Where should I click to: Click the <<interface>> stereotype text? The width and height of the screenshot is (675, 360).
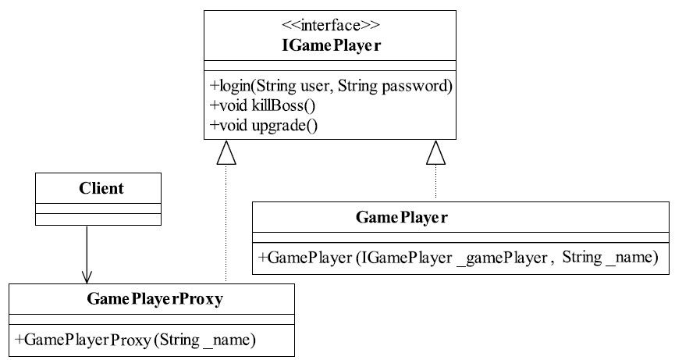click(331, 25)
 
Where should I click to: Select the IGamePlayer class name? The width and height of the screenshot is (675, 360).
click(332, 45)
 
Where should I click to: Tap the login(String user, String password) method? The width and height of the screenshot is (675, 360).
click(331, 86)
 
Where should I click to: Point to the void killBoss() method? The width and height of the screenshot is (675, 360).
click(263, 105)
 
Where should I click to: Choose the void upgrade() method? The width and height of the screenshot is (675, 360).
click(264, 125)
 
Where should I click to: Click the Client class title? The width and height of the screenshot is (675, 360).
click(101, 188)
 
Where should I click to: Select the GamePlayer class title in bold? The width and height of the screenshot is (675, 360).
click(402, 217)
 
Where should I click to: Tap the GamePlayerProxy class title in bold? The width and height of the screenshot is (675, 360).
click(155, 298)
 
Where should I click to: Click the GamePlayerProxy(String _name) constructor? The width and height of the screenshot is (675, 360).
click(136, 340)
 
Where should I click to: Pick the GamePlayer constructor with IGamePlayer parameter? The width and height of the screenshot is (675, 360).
click(459, 258)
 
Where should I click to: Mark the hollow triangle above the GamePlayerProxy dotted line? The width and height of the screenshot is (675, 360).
click(226, 153)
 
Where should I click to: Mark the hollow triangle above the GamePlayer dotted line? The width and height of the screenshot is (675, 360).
click(435, 153)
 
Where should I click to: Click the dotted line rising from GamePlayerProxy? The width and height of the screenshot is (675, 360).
click(226, 223)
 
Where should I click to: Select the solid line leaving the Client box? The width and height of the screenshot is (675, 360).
click(87, 254)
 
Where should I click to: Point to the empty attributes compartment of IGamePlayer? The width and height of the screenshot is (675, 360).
click(330, 66)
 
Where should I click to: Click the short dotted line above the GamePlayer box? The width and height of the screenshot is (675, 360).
click(435, 181)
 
